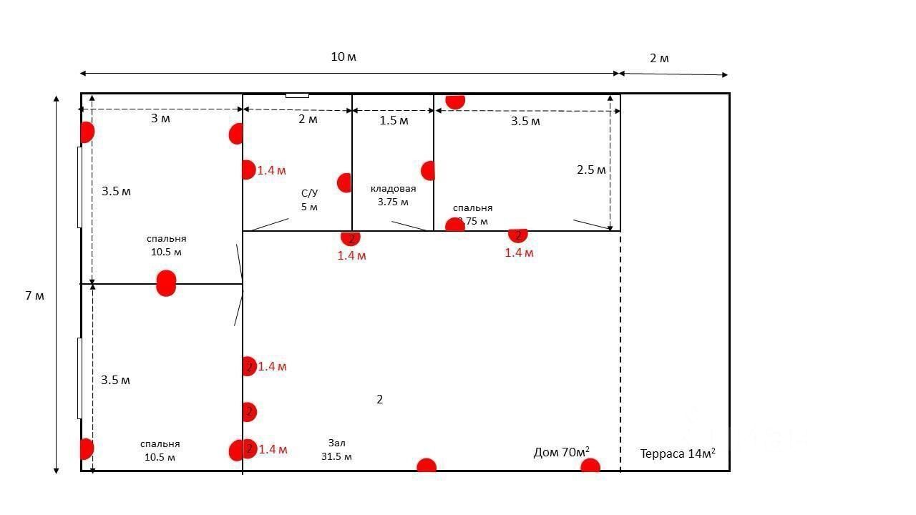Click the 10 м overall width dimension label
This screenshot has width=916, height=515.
pos(343,57)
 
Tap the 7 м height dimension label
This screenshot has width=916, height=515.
pos(34,295)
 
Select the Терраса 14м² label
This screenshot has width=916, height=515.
pos(677,453)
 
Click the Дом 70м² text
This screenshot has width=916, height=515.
pos(561,452)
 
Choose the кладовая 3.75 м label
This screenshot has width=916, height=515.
pos(393,195)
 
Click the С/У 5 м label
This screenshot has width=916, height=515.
pos(309,200)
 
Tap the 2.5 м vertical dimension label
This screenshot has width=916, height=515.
pos(591,170)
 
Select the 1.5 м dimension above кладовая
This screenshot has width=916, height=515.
pos(394,120)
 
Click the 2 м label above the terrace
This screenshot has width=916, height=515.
pos(659,59)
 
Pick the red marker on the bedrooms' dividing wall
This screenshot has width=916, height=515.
pos(166,283)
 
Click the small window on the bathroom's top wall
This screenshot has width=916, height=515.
pos(297,95)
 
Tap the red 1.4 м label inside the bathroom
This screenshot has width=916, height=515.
pos(272,171)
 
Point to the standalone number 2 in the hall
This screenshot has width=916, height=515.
pos(380,399)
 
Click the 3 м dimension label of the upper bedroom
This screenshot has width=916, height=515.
pos(160,119)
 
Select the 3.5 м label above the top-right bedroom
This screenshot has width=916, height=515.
pos(525,122)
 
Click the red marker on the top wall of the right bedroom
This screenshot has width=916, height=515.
pos(455,100)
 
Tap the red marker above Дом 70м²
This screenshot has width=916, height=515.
pos(590,466)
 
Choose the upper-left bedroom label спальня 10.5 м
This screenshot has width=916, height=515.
pos(167,245)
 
